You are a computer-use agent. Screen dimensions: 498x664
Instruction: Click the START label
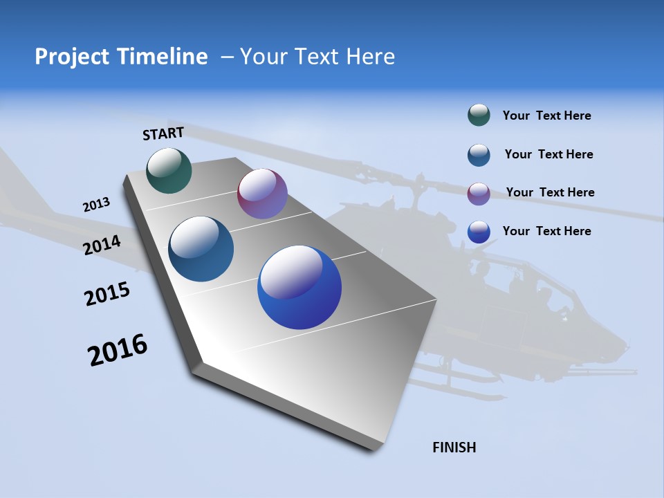point(163,133)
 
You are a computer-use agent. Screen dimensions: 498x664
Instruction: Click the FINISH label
point(454,448)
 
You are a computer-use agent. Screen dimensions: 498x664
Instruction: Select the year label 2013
point(96,205)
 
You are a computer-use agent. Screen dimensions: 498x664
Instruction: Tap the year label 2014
point(102,245)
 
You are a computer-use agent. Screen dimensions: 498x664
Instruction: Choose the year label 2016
point(118,350)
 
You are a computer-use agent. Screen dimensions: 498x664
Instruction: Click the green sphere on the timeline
point(169,170)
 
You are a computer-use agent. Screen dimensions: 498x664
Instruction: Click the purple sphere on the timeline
point(262,194)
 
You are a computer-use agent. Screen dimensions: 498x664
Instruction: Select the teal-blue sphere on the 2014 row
point(201,249)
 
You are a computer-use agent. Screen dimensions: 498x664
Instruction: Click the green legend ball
point(479,116)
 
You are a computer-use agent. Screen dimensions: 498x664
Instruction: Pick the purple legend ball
point(479,194)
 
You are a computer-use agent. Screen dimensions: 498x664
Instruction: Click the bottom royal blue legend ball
point(479,232)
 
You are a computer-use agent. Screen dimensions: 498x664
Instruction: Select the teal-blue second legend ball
point(479,155)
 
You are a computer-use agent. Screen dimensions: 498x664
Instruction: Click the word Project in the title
point(70,57)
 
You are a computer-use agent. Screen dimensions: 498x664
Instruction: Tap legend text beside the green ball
point(546,116)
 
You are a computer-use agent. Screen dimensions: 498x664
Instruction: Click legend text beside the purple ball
point(550,192)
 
